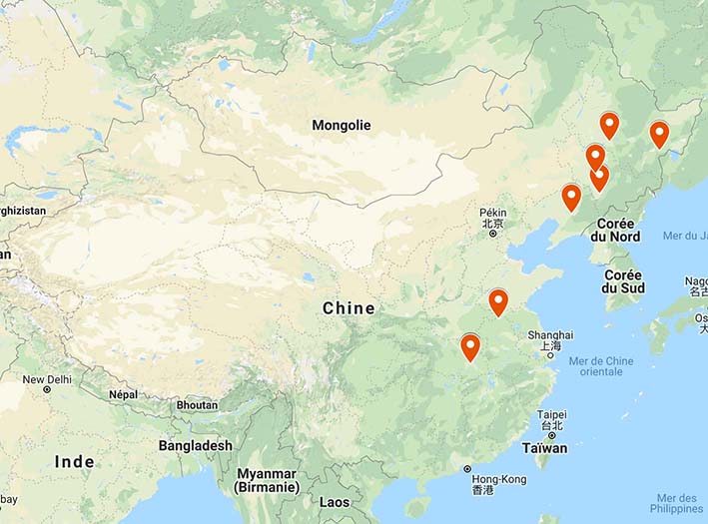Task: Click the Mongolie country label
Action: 341,126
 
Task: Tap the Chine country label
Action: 349,308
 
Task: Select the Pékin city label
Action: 493,213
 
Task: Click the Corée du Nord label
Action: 615,231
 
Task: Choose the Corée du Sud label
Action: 623,281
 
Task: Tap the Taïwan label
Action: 544,448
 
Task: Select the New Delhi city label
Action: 48,380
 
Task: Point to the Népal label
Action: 123,394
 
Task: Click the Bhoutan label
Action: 196,405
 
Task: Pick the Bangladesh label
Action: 195,445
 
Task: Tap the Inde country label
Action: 75,461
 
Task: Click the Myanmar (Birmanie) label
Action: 267,480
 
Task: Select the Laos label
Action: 336,502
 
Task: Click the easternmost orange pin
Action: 659,134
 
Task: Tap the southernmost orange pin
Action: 470,347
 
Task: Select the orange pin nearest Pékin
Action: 571,197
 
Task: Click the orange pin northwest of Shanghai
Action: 498,301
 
